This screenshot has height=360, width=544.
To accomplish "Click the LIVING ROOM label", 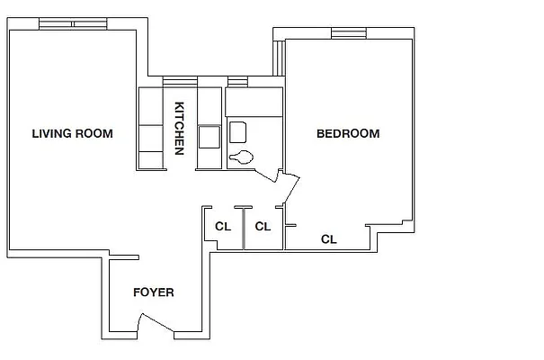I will pos(72,134).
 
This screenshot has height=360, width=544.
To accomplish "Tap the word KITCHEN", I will pos(180,127).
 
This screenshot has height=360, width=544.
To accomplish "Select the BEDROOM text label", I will pos(347,134).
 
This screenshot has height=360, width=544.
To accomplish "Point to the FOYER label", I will pos(153,292).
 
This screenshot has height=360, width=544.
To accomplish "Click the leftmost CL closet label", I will pos(223,227).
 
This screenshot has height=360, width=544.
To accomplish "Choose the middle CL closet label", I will pos(263,227).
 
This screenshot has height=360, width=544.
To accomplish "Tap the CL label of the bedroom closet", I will pos(329,239).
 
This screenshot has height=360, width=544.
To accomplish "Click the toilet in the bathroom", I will pos(242,157).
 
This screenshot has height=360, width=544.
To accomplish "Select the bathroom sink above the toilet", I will pos(238,131).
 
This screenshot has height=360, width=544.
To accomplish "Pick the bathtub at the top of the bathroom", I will pos(254,100).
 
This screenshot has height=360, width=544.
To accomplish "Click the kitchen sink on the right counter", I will pos(210,137).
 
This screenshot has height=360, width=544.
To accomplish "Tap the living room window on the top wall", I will pos(74,23).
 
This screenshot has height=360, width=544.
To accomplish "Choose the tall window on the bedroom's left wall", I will pos(279,58).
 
